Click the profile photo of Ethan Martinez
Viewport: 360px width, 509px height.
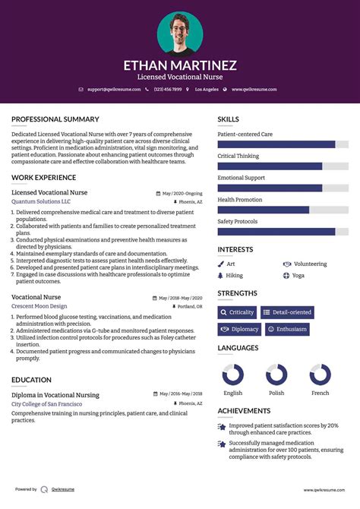coord(180,32)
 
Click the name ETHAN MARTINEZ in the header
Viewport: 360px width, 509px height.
coord(180,65)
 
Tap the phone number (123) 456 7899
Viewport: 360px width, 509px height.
coord(167,90)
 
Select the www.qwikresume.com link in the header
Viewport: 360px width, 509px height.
coord(254,90)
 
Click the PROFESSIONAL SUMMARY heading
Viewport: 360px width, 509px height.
coord(55,119)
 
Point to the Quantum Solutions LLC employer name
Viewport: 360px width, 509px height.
coord(41,202)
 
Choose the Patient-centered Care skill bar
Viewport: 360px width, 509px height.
coord(283,144)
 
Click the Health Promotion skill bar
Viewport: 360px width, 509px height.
coord(283,210)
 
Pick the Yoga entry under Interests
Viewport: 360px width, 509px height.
coord(298,275)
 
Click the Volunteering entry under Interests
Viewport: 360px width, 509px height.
coord(309,264)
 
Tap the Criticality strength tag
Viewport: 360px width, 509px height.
coord(237,312)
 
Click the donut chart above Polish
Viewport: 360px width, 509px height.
coord(276,375)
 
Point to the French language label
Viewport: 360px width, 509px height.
coord(321,393)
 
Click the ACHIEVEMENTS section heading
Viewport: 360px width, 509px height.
coord(244,410)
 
